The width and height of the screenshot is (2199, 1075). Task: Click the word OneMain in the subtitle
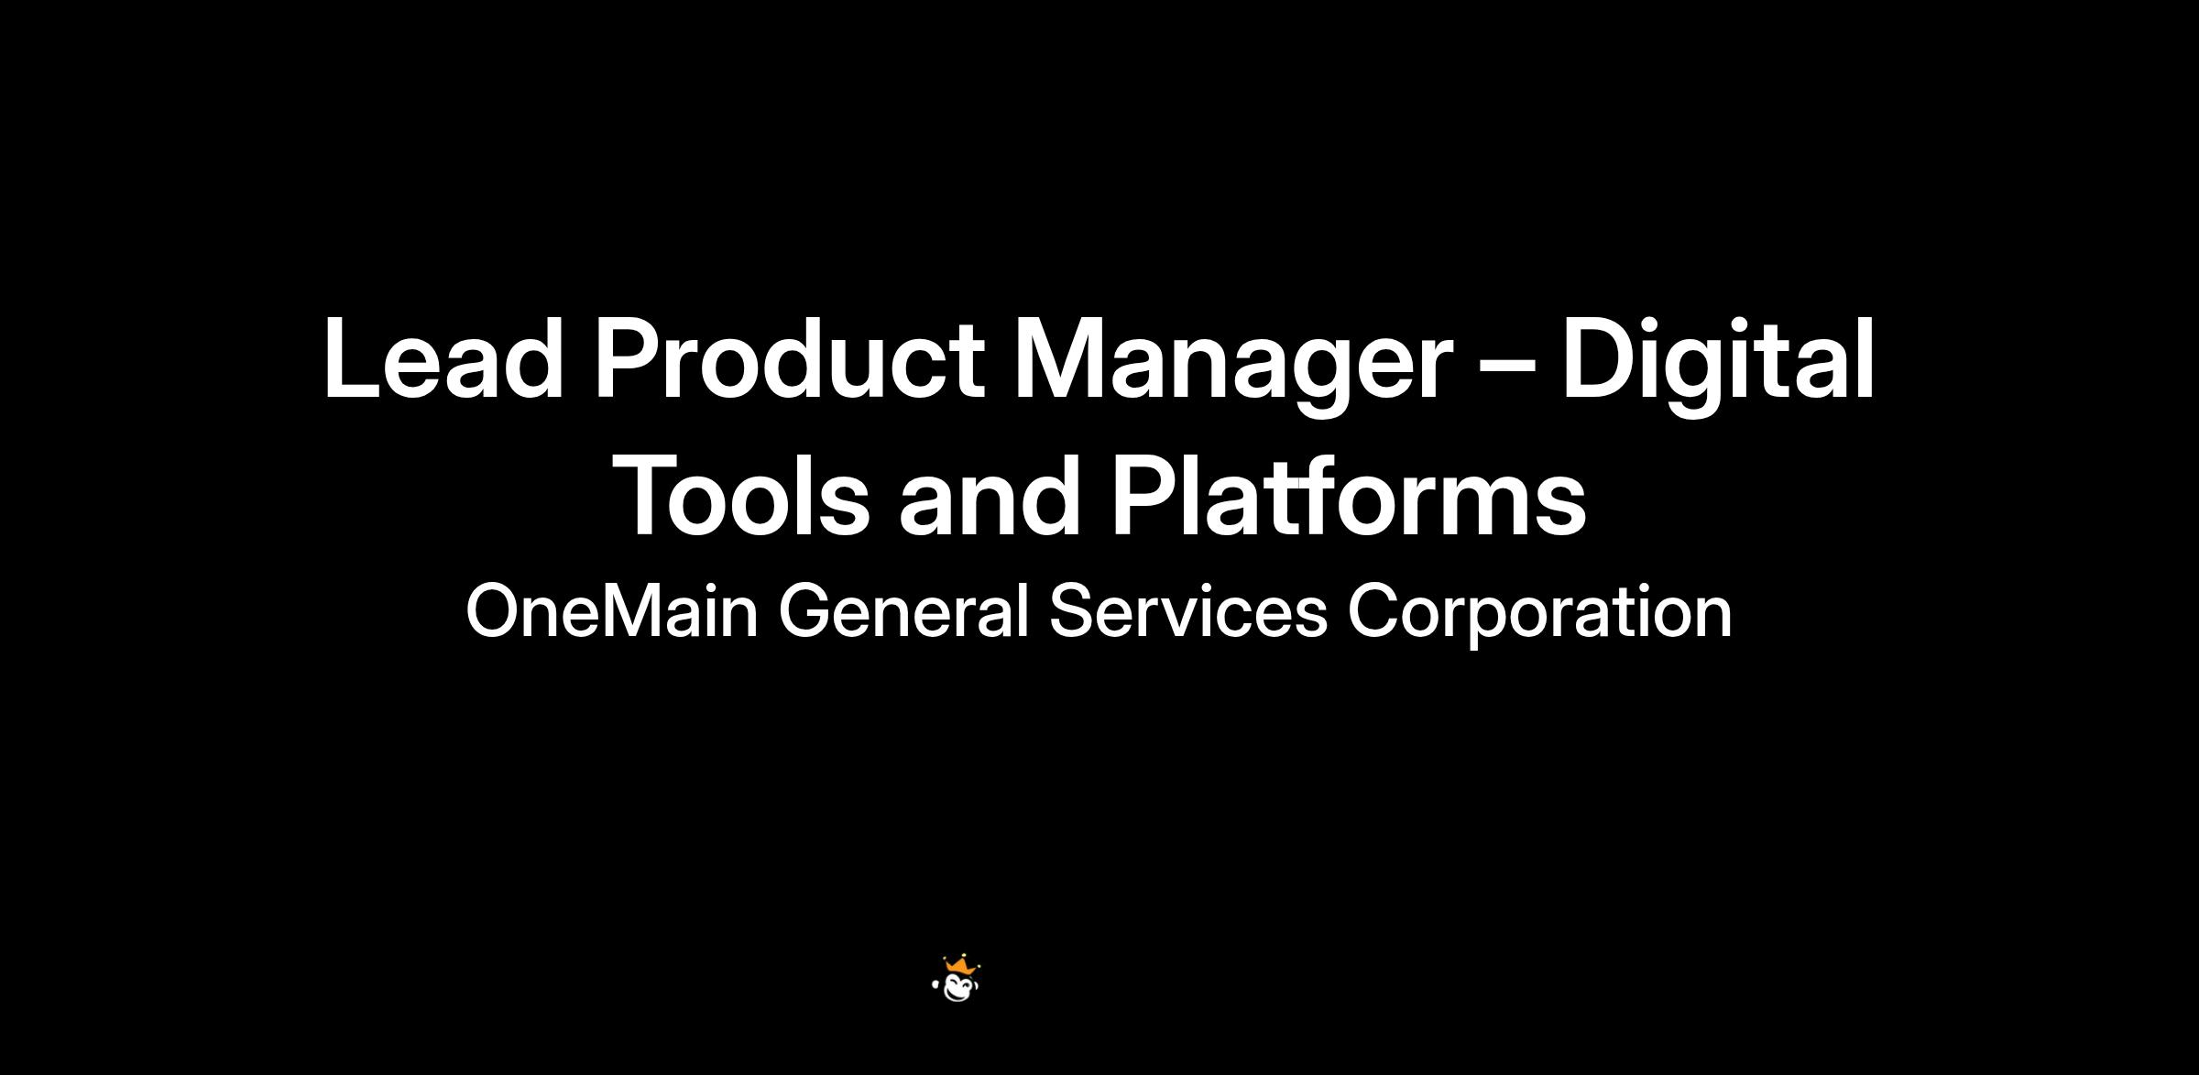point(612,611)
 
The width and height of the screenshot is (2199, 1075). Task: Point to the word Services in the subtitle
point(1188,611)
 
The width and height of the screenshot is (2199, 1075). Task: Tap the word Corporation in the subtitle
point(1539,613)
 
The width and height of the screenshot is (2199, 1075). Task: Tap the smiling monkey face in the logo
point(958,988)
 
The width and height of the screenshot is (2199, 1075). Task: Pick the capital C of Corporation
point(1373,611)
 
